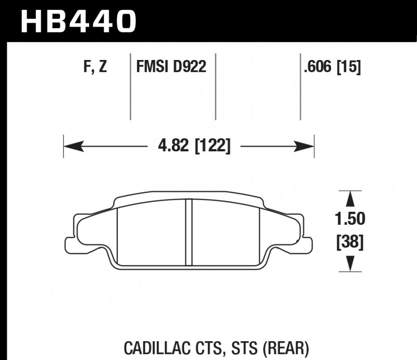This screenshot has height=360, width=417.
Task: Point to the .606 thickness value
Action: coord(318,67)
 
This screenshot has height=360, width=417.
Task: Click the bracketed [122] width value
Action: coord(212,146)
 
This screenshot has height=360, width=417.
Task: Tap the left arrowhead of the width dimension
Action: coord(71,146)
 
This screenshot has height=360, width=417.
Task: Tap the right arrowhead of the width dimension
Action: coord(308,146)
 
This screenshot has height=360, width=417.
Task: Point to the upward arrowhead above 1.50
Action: coord(350,198)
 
